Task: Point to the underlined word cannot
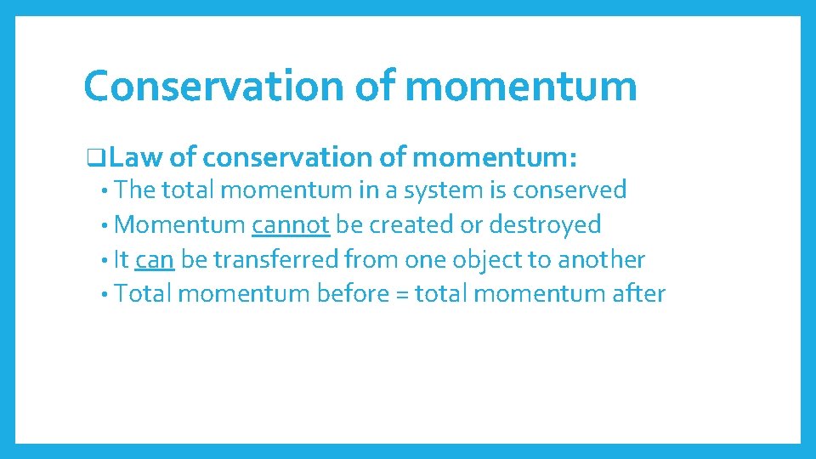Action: pos(290,224)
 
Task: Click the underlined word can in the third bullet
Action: pos(155,259)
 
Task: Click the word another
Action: pos(602,259)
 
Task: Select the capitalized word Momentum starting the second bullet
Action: pos(179,224)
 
